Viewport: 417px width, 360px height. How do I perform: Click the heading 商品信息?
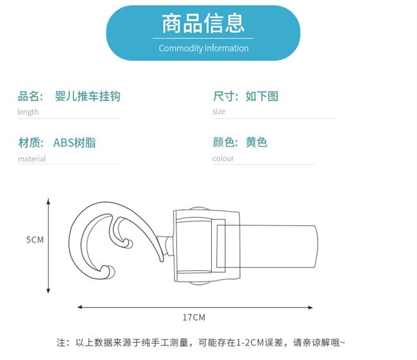203,24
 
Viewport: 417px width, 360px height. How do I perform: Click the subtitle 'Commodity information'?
203,48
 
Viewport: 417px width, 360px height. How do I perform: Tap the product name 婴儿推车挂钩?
88,97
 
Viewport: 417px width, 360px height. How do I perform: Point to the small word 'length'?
28,112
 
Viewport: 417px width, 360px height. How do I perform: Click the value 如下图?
262,97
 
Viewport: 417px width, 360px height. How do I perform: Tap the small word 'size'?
219,112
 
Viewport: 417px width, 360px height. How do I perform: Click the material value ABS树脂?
74,142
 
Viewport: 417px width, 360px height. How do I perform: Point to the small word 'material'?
31,159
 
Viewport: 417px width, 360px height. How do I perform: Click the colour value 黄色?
256,142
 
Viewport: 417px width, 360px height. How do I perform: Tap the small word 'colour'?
223,159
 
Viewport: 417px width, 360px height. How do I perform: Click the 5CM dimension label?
35,239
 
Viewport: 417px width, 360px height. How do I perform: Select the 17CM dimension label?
194,317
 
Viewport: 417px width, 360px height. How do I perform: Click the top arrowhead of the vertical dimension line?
48,201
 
